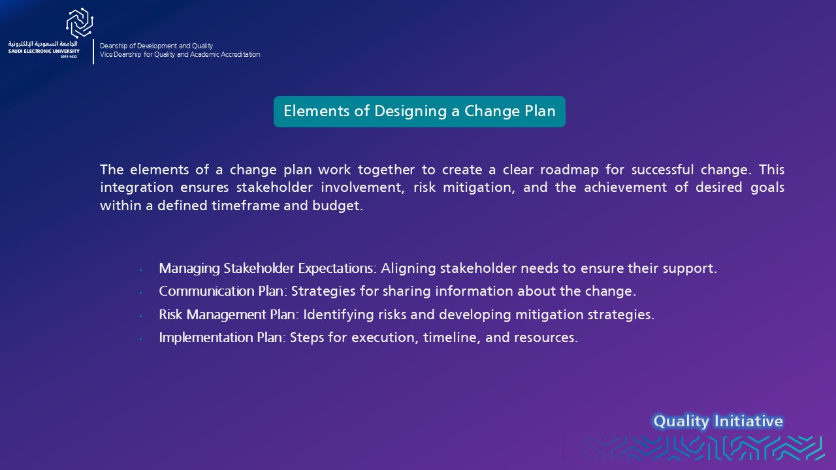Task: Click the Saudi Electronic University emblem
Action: (x=80, y=23)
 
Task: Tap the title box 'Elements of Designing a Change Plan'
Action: (x=419, y=112)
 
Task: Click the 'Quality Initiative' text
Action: (x=718, y=422)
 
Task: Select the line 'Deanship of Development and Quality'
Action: (x=156, y=46)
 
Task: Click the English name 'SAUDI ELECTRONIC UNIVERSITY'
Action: (x=44, y=51)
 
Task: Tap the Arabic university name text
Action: (x=43, y=44)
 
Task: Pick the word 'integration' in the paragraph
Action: (x=137, y=187)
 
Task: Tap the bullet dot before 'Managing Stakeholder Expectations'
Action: (x=140, y=270)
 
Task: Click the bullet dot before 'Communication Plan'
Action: (x=140, y=293)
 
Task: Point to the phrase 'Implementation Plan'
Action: (x=221, y=337)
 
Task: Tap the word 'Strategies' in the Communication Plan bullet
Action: (x=323, y=291)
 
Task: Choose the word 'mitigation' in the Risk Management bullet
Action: (x=549, y=315)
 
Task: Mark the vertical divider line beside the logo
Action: (x=93, y=52)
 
